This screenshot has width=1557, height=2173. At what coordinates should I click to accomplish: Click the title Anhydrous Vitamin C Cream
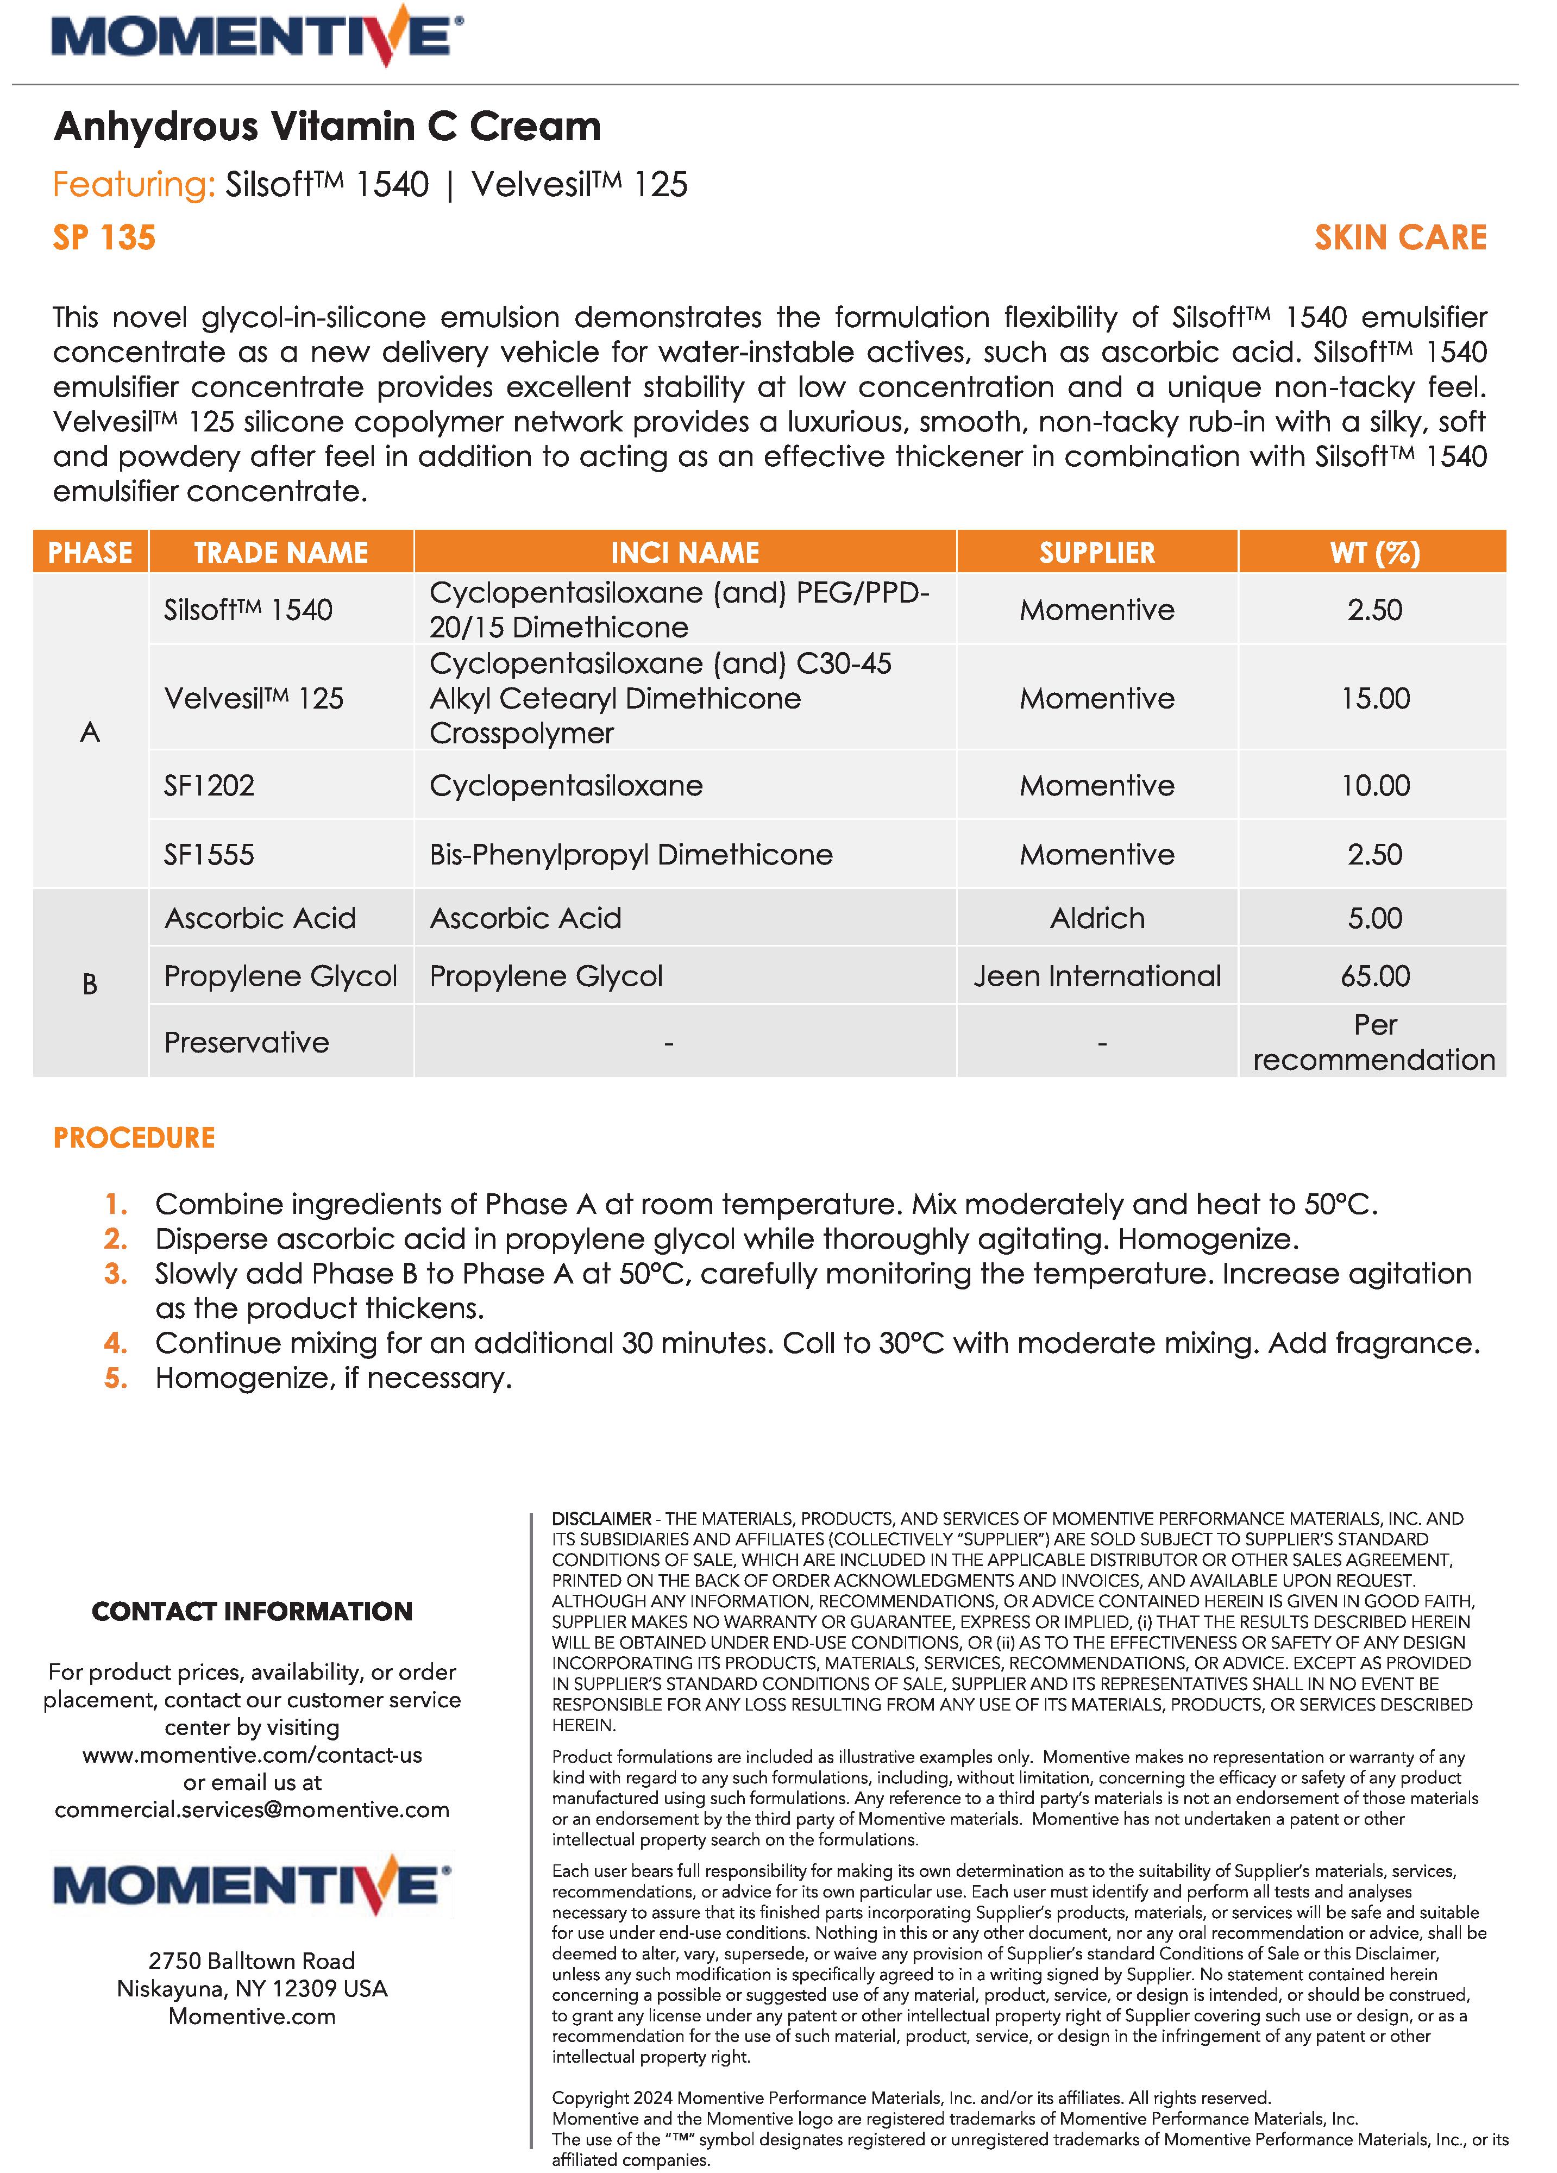(x=327, y=127)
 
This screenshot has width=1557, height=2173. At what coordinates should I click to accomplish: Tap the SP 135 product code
(x=103, y=237)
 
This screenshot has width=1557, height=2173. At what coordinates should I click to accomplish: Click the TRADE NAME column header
(x=281, y=553)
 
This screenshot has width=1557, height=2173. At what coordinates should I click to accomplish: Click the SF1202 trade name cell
(x=209, y=786)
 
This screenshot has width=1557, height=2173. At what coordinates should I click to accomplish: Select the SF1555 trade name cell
(x=209, y=855)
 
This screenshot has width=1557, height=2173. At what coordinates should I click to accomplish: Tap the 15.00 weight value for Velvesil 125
(x=1374, y=698)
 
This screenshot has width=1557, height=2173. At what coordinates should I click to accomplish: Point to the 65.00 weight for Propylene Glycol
(x=1374, y=976)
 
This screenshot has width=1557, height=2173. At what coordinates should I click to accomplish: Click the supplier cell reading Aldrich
(x=1097, y=919)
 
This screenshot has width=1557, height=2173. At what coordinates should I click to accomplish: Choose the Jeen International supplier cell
(x=1097, y=976)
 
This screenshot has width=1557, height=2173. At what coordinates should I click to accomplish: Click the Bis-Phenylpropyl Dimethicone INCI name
(x=631, y=855)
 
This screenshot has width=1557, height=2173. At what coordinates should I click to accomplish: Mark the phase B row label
(x=90, y=984)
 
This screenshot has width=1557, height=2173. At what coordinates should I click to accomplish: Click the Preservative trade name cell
(x=246, y=1042)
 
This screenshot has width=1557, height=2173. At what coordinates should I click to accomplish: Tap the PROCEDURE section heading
(x=134, y=1138)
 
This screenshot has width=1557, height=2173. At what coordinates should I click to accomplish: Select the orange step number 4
(x=115, y=1343)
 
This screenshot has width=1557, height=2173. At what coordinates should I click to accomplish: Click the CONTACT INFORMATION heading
(x=252, y=1612)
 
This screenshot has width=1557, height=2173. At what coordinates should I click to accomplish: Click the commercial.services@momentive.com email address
(x=252, y=1810)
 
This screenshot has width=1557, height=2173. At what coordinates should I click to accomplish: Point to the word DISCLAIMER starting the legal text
(x=601, y=1519)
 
